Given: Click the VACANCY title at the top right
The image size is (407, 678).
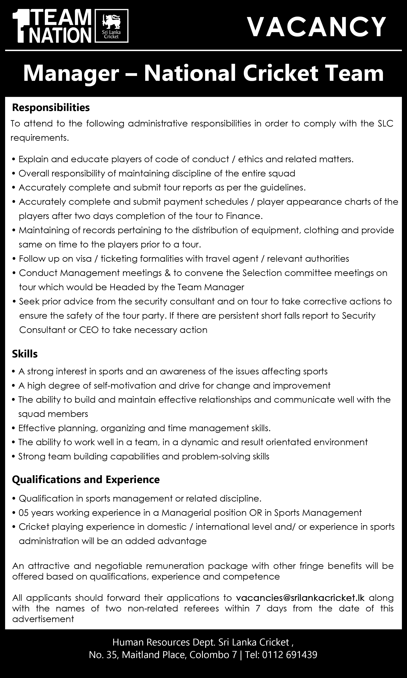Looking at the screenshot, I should (317, 27).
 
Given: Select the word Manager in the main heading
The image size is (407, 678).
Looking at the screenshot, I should (71, 74).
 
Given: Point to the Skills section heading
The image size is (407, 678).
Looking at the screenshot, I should (25, 354).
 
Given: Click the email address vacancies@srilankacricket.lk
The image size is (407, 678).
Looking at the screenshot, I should (300, 598).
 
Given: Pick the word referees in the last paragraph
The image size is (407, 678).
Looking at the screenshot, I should (201, 608).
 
